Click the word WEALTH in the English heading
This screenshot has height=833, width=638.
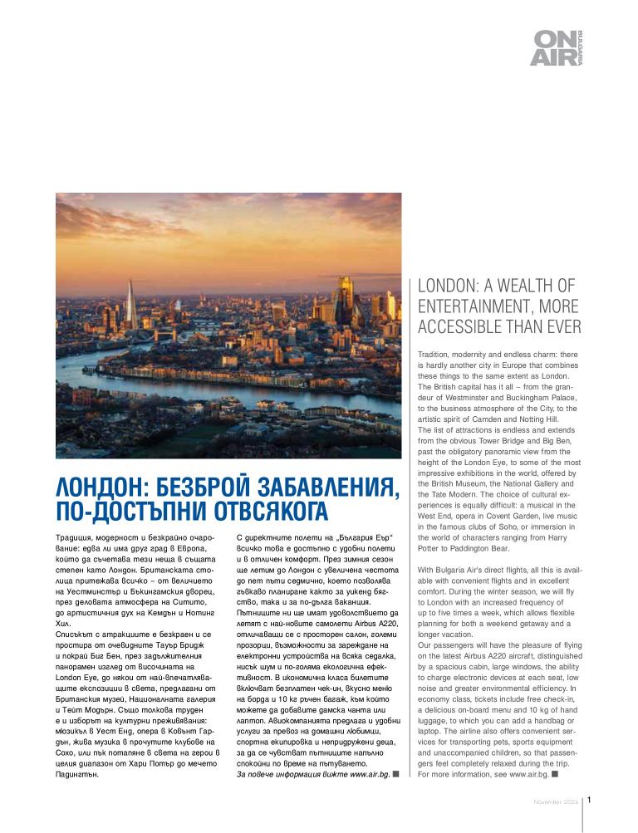[x=526, y=286]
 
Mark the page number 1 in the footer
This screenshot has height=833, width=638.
[x=588, y=801]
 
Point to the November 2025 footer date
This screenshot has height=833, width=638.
[x=556, y=802]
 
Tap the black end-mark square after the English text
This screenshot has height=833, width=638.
[x=554, y=774]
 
